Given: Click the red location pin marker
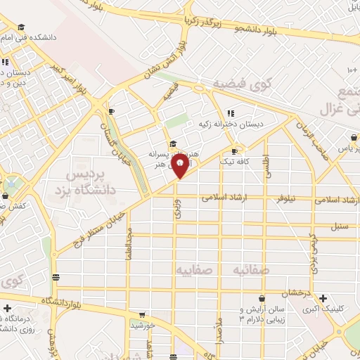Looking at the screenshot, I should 181,167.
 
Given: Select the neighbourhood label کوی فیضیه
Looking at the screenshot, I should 242,85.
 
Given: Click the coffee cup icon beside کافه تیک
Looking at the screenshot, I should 234,150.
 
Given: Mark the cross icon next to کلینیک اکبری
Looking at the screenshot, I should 322,298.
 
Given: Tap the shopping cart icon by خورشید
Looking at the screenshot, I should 143,314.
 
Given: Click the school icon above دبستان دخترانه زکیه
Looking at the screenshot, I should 230,113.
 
